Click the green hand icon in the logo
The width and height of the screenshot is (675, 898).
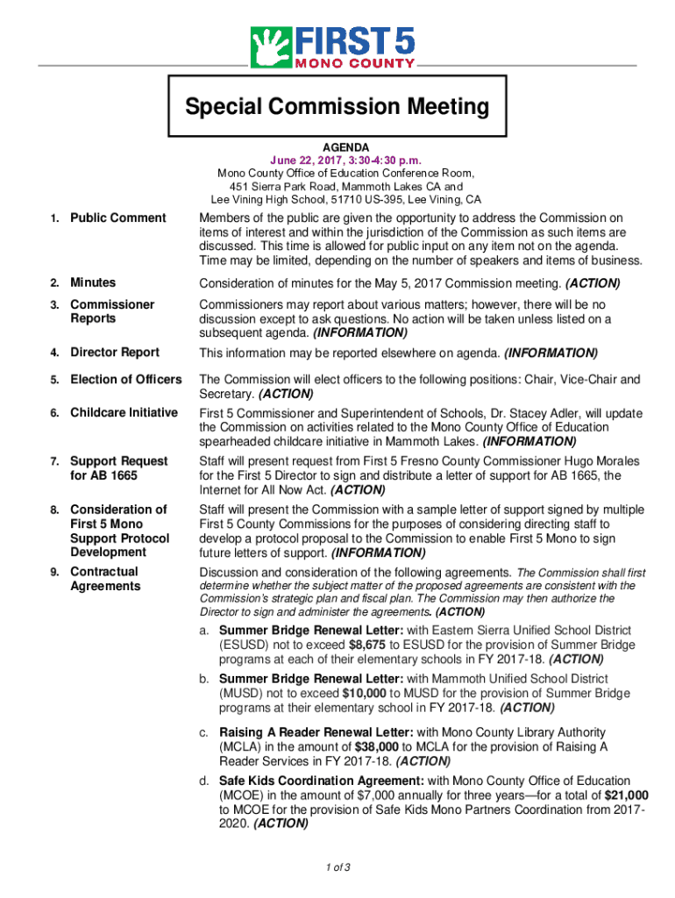[x=270, y=46]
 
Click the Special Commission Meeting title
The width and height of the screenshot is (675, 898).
[x=337, y=108]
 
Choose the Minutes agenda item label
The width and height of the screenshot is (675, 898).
[x=93, y=283]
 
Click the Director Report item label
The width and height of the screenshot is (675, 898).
[x=115, y=353]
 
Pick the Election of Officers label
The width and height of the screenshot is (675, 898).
[x=125, y=380]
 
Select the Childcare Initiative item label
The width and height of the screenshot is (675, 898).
[x=124, y=413]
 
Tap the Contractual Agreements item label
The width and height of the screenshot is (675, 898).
[x=104, y=579]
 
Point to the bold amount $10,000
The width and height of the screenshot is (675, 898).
[x=366, y=694]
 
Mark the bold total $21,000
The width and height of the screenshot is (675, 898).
[x=627, y=795]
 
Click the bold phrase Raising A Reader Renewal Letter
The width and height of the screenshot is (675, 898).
[x=316, y=732]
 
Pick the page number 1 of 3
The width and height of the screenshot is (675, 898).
[x=337, y=868]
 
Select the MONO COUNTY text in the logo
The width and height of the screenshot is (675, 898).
[x=355, y=63]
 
